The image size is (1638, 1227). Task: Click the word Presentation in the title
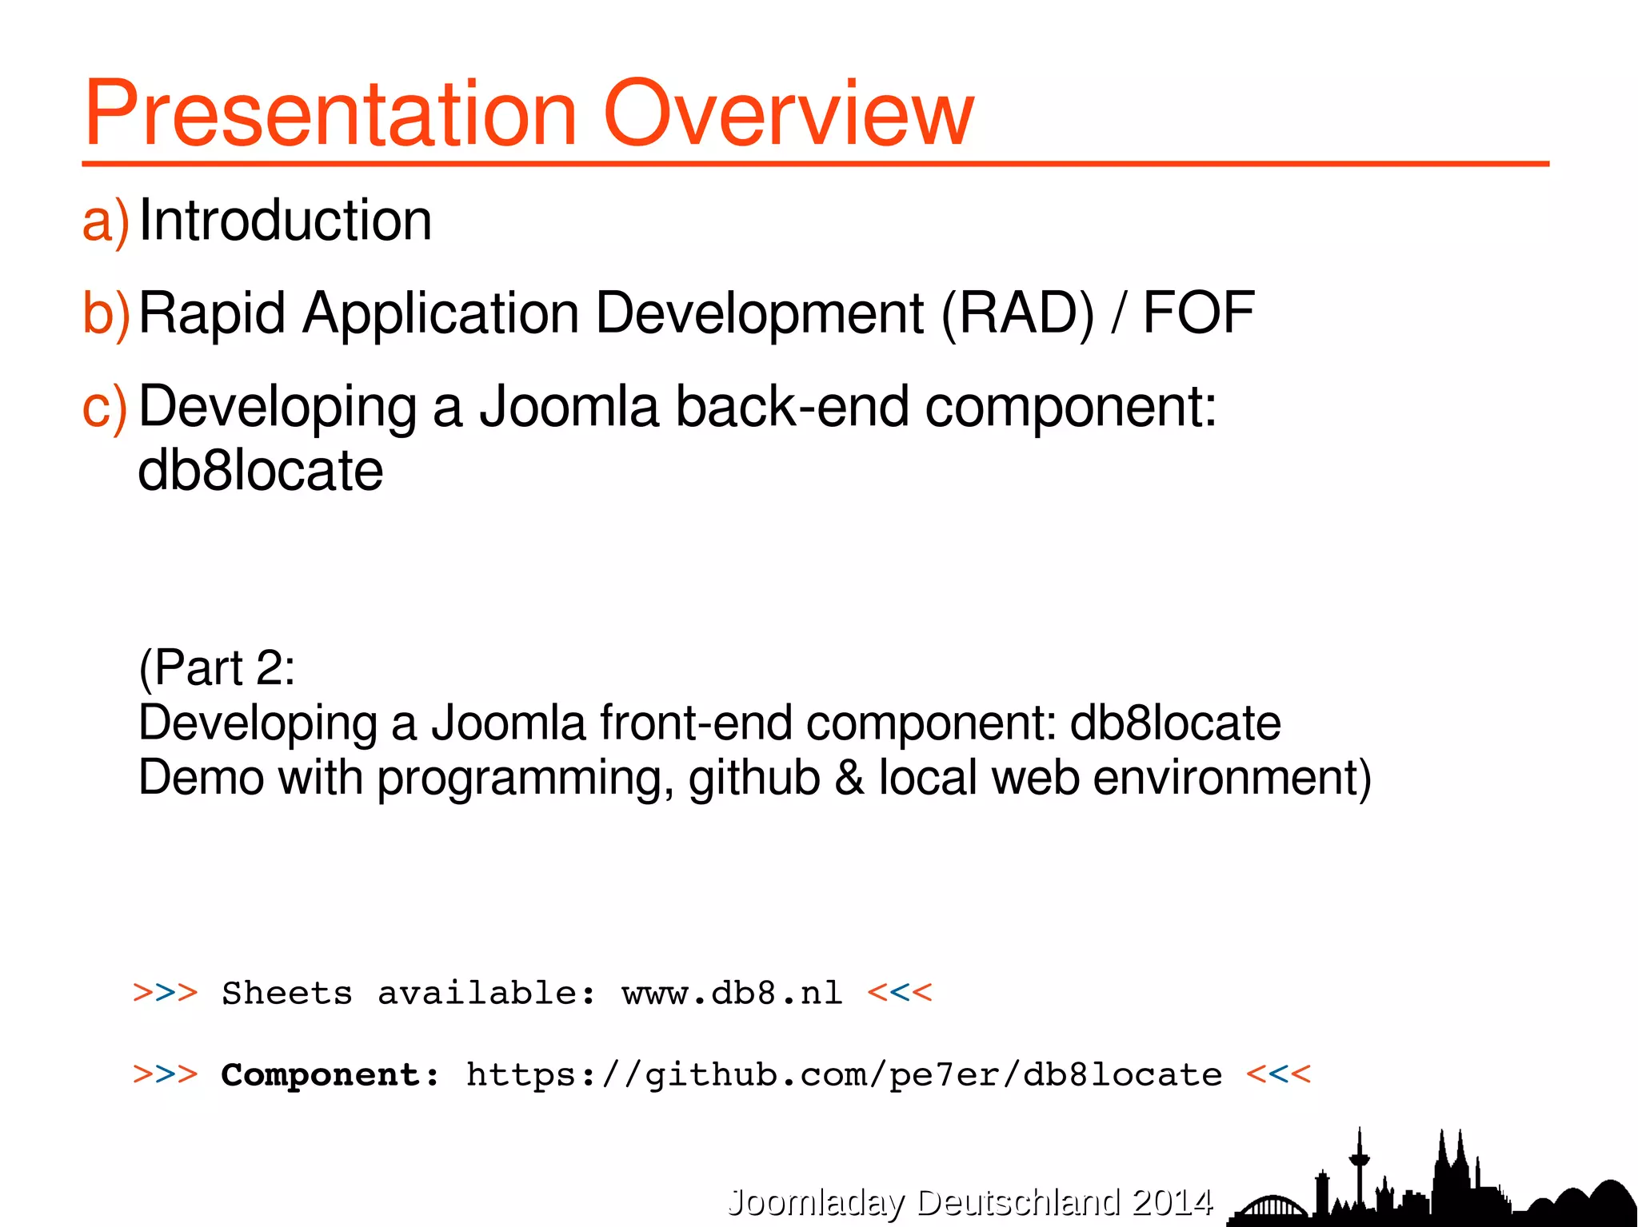tap(330, 114)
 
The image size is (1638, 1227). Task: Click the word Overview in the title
tap(788, 114)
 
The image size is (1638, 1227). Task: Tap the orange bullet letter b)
tap(106, 313)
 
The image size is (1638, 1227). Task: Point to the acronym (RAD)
tap(1017, 313)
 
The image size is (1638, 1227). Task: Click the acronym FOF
tap(1197, 313)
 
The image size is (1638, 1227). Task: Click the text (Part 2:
tap(217, 667)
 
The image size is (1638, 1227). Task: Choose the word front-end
tap(695, 723)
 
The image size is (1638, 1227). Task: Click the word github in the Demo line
tap(753, 778)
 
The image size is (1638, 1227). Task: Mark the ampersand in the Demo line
tap(849, 778)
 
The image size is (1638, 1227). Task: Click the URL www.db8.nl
tap(732, 994)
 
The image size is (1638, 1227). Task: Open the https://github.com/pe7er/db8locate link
tap(844, 1075)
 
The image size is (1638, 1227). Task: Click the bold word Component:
tap(330, 1075)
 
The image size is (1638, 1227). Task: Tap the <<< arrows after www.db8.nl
tap(900, 994)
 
